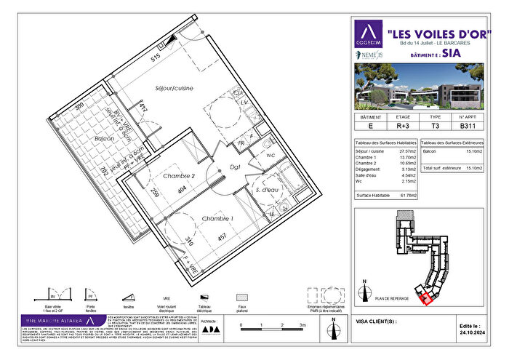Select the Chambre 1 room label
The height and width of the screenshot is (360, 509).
coord(218,218)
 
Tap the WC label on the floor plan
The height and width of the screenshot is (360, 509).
coord(270,155)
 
